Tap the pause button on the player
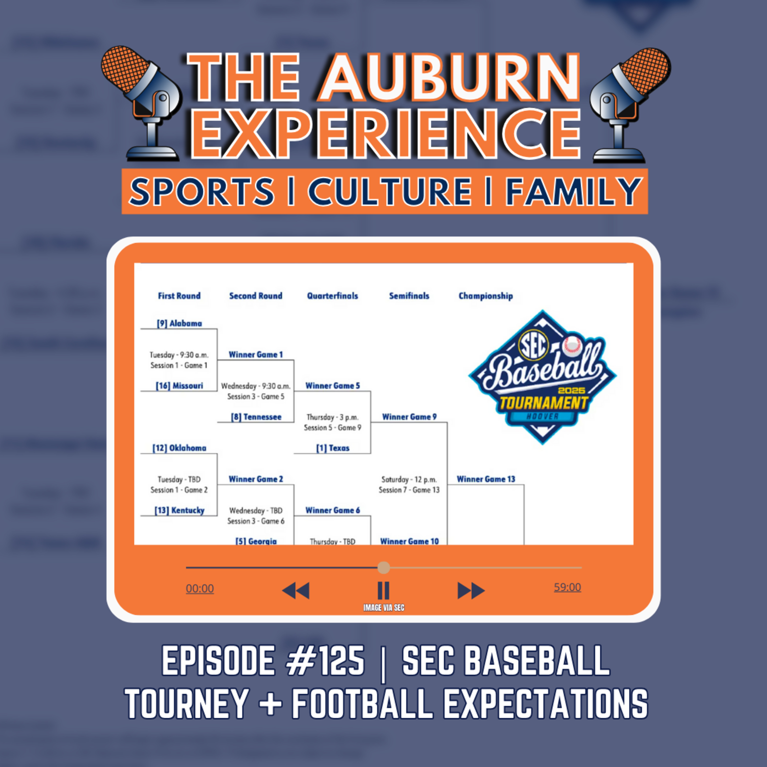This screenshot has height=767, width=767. [383, 590]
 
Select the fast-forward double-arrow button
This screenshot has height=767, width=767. [471, 590]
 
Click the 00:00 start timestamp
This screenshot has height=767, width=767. [200, 588]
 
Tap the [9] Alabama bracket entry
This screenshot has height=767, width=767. [179, 323]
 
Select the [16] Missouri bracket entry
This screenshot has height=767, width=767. [179, 386]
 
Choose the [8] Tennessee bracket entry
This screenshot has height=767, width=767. [256, 417]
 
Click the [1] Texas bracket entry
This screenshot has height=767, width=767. [333, 448]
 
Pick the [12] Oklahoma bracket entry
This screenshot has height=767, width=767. [179, 448]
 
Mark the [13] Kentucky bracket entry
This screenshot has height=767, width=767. [179, 510]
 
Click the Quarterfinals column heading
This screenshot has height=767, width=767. [332, 296]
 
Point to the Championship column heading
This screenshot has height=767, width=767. [486, 296]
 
